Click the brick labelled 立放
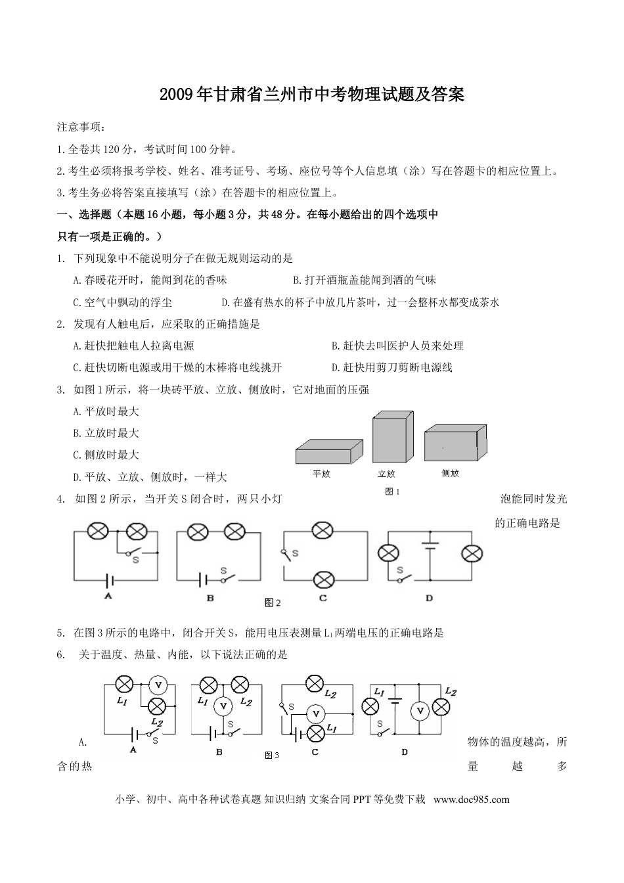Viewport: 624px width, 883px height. (393, 438)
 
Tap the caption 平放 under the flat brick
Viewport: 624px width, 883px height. (321, 474)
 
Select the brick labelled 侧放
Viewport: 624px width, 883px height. (455, 443)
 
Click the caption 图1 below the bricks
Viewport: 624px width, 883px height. (392, 491)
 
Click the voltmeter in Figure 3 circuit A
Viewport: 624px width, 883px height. (158, 685)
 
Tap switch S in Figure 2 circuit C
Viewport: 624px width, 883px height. (288, 553)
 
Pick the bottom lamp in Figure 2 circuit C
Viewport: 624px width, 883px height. (322, 579)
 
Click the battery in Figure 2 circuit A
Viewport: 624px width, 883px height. (110, 579)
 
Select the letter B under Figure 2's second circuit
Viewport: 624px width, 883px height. (210, 598)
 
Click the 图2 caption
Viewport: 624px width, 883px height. (272, 602)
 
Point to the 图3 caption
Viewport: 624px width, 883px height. (272, 756)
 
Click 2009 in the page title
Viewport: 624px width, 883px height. (177, 95)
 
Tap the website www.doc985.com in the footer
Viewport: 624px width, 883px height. (472, 800)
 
